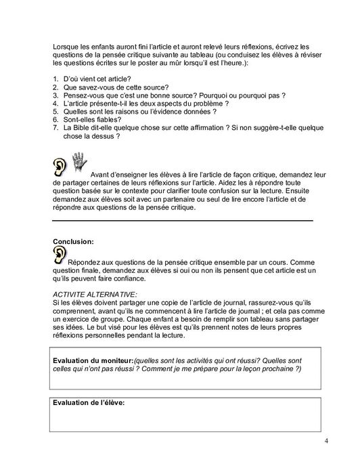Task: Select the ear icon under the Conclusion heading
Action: tap(60, 253)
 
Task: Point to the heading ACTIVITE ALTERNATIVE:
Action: tap(95, 295)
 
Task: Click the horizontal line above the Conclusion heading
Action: tap(183, 220)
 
